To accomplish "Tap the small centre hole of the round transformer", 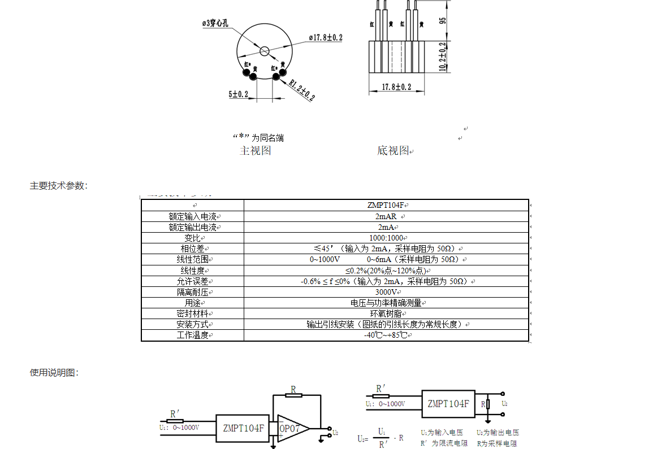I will pos(264,51).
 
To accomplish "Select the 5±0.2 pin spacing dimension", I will pos(239,94).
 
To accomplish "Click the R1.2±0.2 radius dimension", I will pos(302,89).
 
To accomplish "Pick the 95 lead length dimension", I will pos(443,20).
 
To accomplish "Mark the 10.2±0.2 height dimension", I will pos(443,56).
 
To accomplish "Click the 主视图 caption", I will pos(256,151).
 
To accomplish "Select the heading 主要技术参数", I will pos(58,185).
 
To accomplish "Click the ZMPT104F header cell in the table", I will pos(386,206).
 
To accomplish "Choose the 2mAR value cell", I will pos(386,216).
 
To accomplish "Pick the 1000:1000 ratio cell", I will pos(386,238).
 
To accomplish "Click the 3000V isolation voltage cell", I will pos(386,292).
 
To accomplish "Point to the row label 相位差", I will pos(192,249).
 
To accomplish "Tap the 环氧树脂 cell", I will pos(386,313).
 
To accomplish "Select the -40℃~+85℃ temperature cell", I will pos(386,335).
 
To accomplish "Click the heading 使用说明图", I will pos(54,373).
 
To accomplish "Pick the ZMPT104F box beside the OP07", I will pos(243,429).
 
